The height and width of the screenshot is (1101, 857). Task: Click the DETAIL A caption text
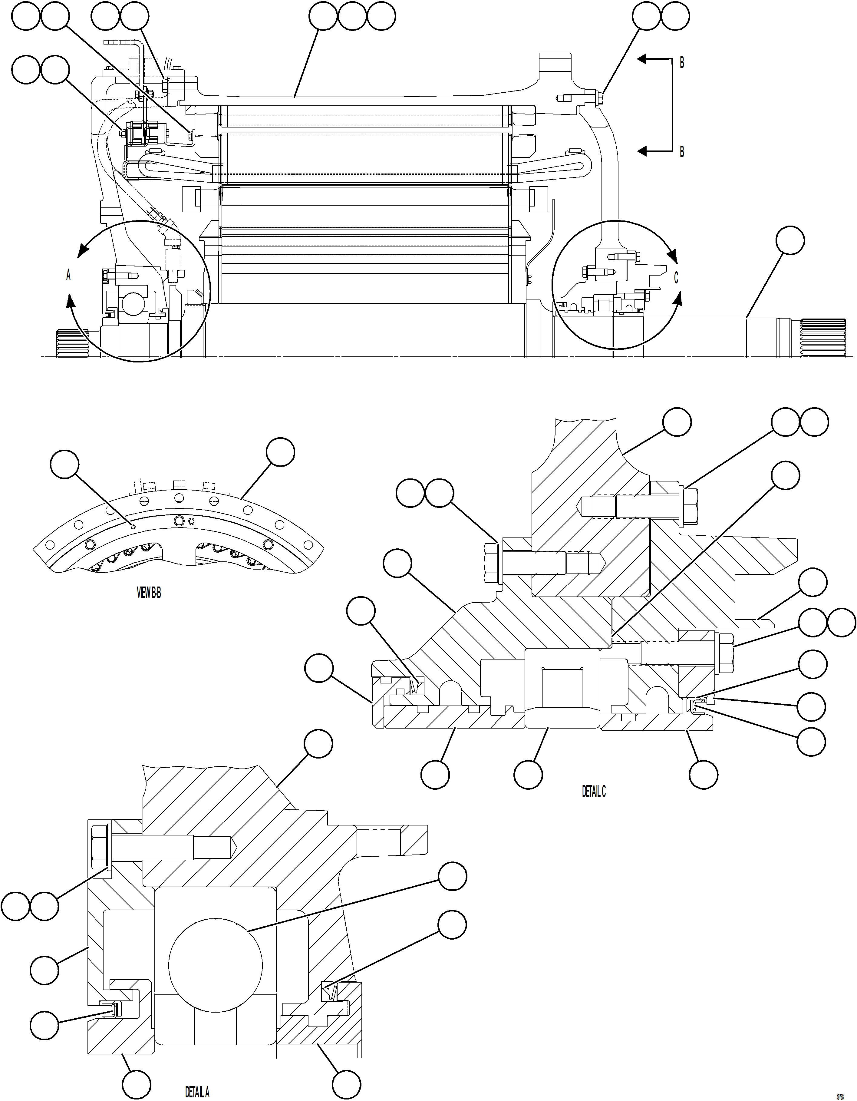tap(197, 1092)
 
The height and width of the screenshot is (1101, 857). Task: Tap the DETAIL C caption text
tap(594, 792)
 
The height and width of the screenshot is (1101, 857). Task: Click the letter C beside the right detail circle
tap(677, 278)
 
